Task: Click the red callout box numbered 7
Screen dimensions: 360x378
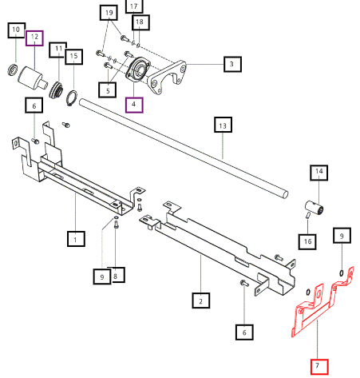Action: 319,367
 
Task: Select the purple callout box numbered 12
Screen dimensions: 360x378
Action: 34,38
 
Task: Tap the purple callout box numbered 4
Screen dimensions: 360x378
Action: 134,105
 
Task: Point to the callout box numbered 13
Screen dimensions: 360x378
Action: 223,125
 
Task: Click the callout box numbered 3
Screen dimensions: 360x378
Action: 232,64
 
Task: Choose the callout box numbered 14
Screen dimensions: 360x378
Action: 318,173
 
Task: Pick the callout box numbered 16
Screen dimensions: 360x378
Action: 307,241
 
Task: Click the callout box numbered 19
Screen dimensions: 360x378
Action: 109,13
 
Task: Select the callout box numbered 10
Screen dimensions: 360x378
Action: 17,30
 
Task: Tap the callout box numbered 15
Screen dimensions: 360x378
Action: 73,57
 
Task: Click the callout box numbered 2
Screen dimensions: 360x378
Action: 201,300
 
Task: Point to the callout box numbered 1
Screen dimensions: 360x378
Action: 76,239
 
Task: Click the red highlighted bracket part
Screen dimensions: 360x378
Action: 322,304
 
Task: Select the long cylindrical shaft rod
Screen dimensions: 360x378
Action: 183,149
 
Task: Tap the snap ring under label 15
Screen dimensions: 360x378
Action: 72,98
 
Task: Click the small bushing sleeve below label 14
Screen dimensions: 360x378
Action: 314,208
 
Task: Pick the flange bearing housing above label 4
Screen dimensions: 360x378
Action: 138,70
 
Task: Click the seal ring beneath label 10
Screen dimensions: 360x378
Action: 12,70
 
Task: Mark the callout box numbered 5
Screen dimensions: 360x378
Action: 108,90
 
